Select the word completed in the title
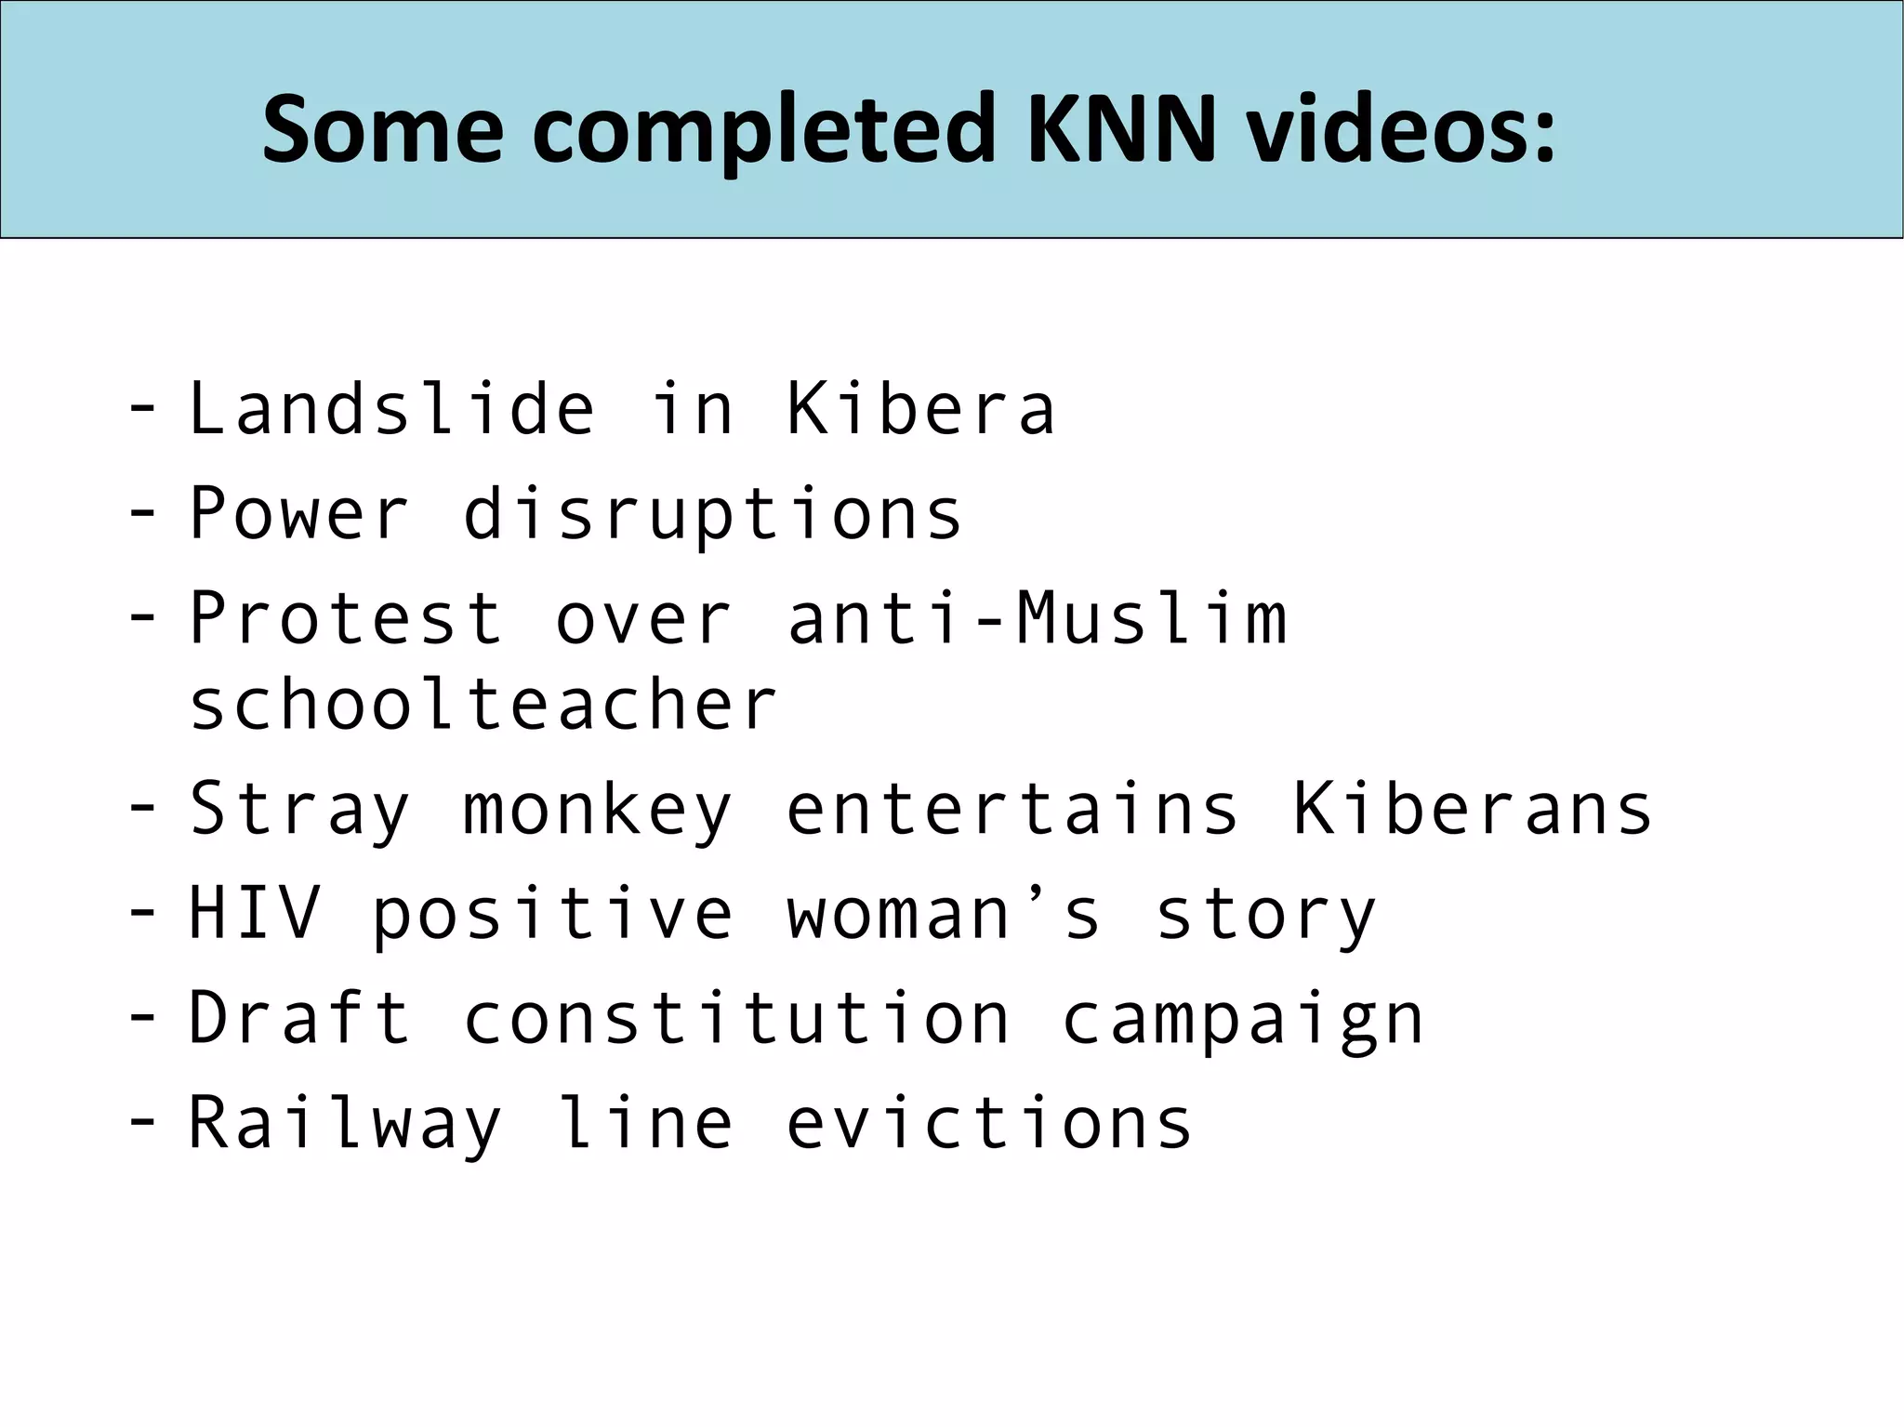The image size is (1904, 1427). tap(765, 132)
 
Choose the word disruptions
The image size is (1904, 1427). tap(712, 513)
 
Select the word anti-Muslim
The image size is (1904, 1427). tap(1038, 617)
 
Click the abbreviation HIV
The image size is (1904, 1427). tap(255, 913)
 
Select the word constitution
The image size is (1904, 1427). tap(736, 1018)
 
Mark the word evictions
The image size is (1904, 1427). tap(989, 1122)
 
